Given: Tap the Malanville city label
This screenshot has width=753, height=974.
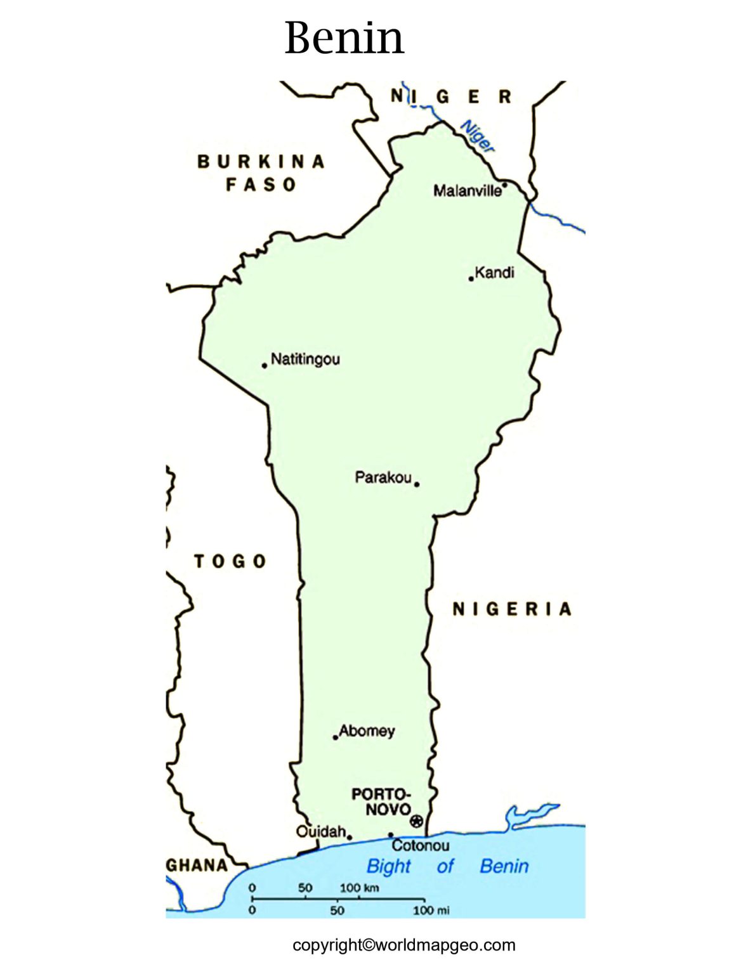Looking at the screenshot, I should (467, 190).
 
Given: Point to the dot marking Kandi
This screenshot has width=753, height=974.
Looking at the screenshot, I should (471, 278).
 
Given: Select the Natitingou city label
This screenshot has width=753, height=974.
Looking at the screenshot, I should (305, 359).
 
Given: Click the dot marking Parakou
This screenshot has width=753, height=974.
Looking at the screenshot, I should (417, 484).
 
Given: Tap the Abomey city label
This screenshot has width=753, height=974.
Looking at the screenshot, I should (367, 730).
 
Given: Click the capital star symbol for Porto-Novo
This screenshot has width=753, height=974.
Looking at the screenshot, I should (416, 821).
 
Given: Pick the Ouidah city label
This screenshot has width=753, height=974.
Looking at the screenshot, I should (321, 831).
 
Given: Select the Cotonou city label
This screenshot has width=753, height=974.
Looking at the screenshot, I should (420, 845).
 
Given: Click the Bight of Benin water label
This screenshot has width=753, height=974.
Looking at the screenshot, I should (447, 866).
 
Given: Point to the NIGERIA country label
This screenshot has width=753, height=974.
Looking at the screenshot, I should (512, 609).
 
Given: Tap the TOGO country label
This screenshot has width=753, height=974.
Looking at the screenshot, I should (230, 561).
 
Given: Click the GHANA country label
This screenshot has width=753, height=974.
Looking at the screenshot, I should (197, 866).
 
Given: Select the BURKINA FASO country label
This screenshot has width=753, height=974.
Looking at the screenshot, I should (261, 172).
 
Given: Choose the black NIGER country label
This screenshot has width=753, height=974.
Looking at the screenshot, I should (451, 97).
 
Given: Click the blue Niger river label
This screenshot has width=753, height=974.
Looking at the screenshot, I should (477, 136).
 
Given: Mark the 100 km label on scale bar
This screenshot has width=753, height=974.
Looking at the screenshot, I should (359, 887).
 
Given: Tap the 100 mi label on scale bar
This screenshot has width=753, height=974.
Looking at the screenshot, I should (431, 911).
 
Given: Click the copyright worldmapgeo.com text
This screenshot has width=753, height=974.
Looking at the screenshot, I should (404, 945).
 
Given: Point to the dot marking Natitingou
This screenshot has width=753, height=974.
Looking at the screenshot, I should (265, 365).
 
